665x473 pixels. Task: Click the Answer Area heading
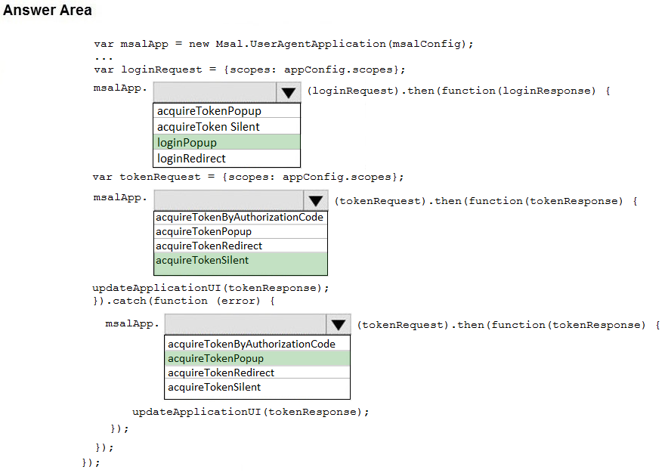pos(48,11)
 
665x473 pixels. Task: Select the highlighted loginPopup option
pos(187,143)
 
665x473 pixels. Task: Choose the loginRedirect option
pos(191,159)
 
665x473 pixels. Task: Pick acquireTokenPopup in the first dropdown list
pos(209,112)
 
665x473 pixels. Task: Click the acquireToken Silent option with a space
pos(208,127)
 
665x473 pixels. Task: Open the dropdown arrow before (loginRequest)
pos(288,92)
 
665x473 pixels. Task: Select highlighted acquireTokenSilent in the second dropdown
pos(202,261)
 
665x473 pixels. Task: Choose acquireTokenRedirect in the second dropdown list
pos(209,246)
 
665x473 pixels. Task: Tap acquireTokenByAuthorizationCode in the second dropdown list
pos(240,218)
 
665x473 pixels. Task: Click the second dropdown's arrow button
pos(315,201)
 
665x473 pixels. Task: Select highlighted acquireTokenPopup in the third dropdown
pos(215,358)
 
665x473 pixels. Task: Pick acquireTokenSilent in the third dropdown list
pos(214,388)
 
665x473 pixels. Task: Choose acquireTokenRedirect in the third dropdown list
pos(221,373)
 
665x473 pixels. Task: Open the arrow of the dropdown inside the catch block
pos(338,325)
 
